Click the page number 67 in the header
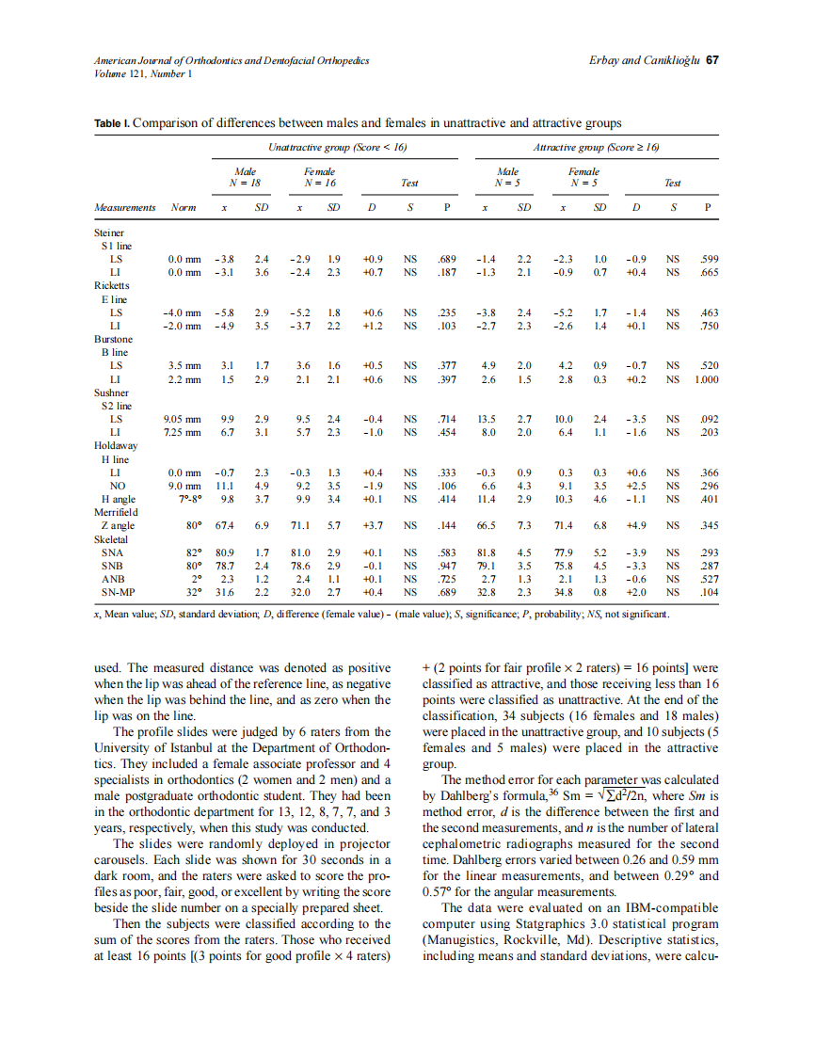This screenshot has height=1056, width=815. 712,60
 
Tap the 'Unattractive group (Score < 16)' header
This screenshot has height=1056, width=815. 337,147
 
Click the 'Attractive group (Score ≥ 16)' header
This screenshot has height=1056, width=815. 595,147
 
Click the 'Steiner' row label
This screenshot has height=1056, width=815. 109,232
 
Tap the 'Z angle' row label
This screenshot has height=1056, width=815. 118,526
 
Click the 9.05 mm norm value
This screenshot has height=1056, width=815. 183,419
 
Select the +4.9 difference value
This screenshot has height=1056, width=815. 636,526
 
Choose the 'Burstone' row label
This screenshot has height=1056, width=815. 113,339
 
